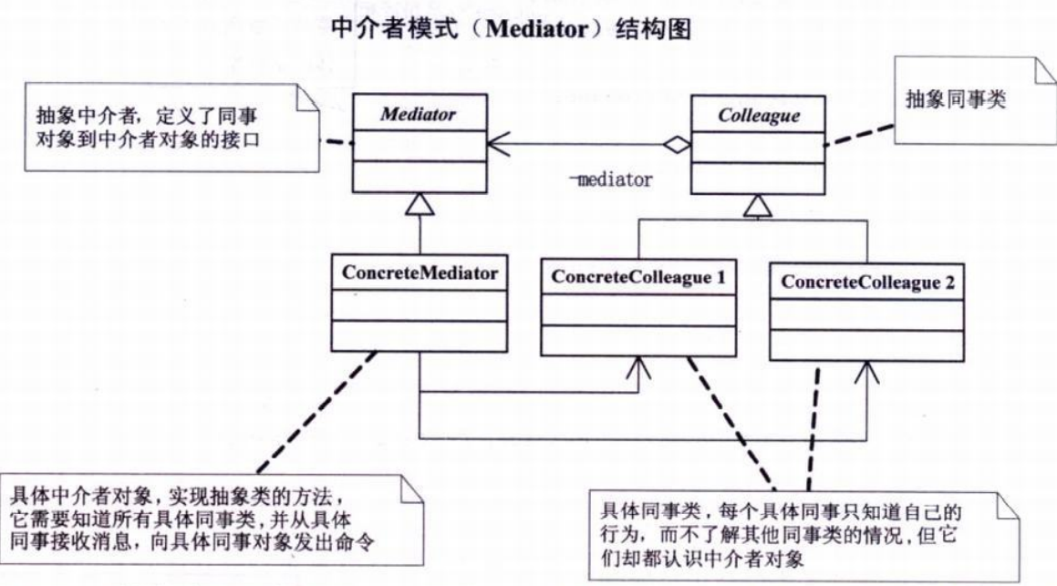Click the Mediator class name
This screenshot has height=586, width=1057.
click(420, 116)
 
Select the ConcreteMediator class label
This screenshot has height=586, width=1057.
click(419, 272)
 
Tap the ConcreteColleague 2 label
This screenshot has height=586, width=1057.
click(867, 283)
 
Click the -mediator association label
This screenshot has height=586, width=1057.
click(608, 180)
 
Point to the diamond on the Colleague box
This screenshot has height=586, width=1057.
click(677, 143)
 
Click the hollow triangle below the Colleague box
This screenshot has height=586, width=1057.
click(756, 209)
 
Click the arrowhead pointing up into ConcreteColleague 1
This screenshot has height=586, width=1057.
click(639, 367)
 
